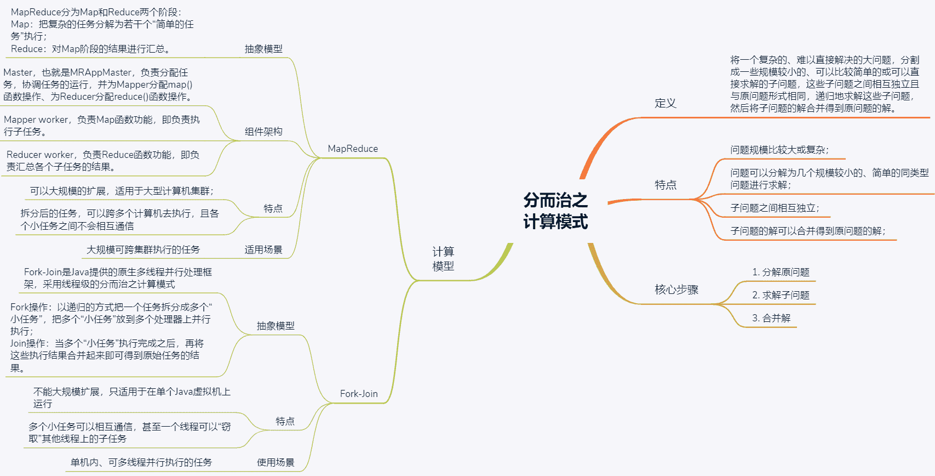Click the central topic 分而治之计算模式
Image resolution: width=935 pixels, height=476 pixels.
555,211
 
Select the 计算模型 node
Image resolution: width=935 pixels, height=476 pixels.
443,258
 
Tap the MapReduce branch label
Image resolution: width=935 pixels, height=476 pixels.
353,149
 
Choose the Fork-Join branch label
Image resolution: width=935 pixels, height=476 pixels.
359,394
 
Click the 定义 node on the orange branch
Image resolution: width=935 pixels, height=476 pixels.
666,103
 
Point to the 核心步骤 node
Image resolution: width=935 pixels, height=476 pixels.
676,290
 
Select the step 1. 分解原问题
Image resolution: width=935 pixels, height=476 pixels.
781,272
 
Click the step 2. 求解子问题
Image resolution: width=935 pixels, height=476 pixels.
781,295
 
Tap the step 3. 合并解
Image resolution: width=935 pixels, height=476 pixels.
771,318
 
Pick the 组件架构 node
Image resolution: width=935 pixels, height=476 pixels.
263,132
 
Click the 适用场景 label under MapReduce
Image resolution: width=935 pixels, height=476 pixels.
263,250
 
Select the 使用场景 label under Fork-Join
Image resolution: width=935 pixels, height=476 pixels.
276,462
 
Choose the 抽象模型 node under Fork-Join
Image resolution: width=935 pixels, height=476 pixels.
276,326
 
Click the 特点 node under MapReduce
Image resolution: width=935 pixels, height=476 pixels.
273,208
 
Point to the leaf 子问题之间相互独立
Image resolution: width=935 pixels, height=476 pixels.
775,208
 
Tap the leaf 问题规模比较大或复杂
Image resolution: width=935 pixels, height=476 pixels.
779,150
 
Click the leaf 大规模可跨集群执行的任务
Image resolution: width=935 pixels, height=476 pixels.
143,250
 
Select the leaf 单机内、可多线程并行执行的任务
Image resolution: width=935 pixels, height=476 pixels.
141,462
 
